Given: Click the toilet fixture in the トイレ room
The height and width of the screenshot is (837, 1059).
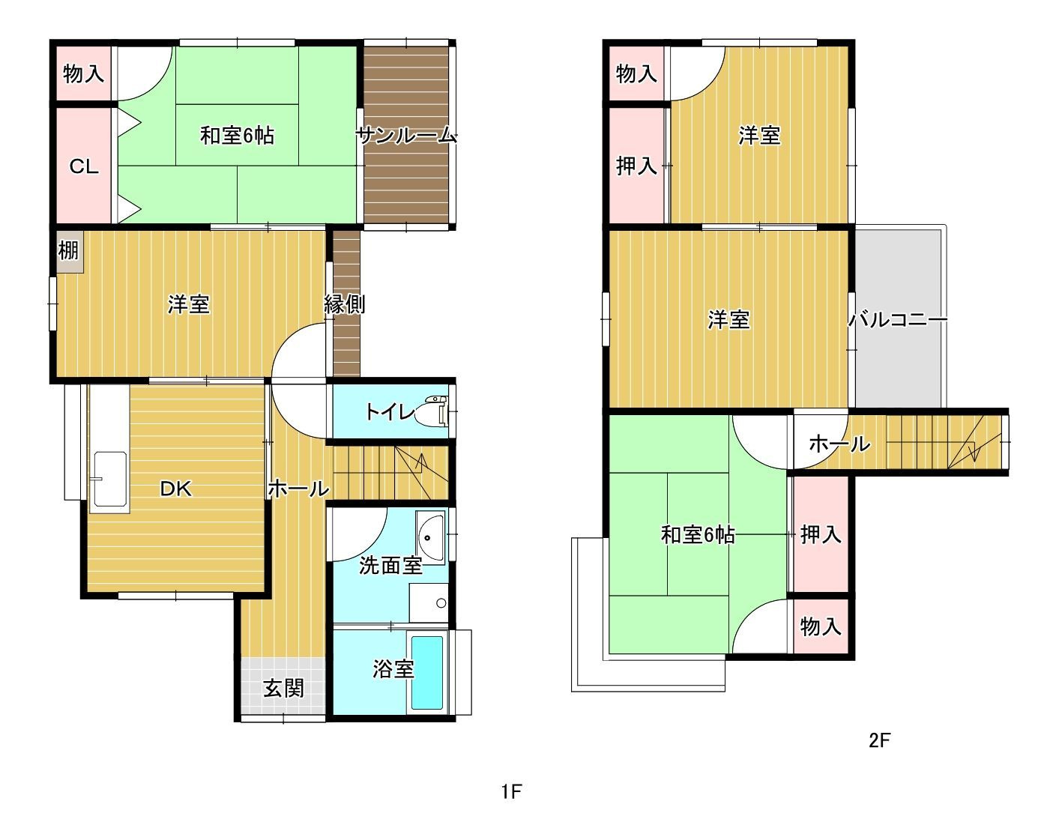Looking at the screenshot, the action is click(433, 411).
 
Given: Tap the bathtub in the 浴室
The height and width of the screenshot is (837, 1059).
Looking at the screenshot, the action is click(427, 673).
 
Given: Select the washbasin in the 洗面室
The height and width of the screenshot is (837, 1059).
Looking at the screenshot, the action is click(431, 537).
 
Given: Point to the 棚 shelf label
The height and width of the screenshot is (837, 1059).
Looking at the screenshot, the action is click(68, 250).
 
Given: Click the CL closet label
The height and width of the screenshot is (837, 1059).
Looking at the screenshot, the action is click(84, 166).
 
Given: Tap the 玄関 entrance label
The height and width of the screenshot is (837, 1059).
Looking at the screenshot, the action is click(284, 688).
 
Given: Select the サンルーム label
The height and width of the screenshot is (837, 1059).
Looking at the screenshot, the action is click(407, 136).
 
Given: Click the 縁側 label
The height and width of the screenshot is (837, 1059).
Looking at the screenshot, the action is click(345, 304).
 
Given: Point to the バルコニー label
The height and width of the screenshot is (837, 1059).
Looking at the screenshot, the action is click(898, 320).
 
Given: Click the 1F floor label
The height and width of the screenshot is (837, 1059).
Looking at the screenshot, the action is click(511, 792).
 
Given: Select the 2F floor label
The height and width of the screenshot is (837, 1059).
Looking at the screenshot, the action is click(880, 740).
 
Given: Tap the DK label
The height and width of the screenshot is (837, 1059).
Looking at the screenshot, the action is click(176, 489).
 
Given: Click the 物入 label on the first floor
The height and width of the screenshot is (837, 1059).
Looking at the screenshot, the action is click(84, 74).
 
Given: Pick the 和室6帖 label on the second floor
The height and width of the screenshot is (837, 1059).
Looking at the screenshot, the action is click(698, 534).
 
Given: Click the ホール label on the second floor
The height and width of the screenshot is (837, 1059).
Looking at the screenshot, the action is click(840, 444).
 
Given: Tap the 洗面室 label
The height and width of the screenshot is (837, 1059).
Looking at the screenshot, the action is click(390, 566).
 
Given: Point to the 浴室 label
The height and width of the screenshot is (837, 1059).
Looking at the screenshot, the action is click(393, 669).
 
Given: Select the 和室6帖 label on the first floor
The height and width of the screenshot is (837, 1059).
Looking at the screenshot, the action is click(237, 136).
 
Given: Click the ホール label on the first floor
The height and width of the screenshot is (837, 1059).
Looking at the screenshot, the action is click(299, 489).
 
